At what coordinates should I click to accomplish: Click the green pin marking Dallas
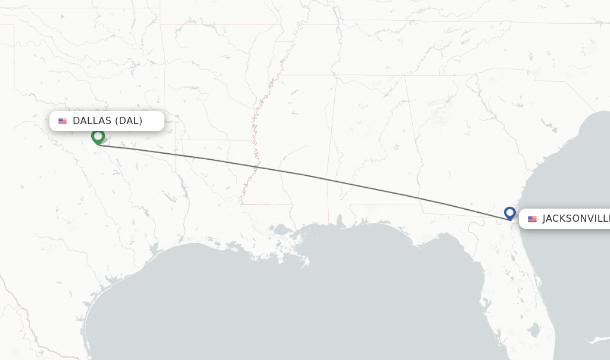[98, 136]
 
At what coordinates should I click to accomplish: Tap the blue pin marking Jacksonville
[509, 213]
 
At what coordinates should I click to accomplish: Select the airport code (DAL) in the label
[128, 121]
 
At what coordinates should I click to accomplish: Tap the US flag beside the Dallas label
[63, 121]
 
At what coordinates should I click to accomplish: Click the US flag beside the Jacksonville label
[532, 219]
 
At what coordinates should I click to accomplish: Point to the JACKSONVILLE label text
[575, 219]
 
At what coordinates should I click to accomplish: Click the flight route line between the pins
[304, 175]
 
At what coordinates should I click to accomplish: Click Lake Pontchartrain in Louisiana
[280, 229]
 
